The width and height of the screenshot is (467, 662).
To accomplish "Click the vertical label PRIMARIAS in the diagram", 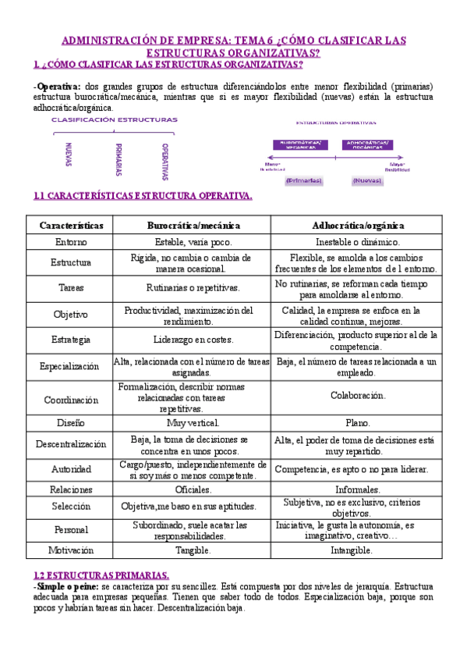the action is pos(118,158).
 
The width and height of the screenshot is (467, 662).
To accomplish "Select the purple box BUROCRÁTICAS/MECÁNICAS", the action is pos(301,144).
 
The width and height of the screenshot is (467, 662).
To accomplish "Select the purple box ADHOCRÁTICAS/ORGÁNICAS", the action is pos(369,144).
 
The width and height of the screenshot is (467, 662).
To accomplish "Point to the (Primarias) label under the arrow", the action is pos(303,180).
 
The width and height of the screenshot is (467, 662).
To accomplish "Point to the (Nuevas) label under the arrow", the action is pos(367,180).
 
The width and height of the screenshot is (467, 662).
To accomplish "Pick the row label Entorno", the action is pos(71,242).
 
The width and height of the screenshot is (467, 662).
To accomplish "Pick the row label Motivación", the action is pos(71,550).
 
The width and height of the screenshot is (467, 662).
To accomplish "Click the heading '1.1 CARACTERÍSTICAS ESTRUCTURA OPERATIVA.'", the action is pos(143,196).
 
